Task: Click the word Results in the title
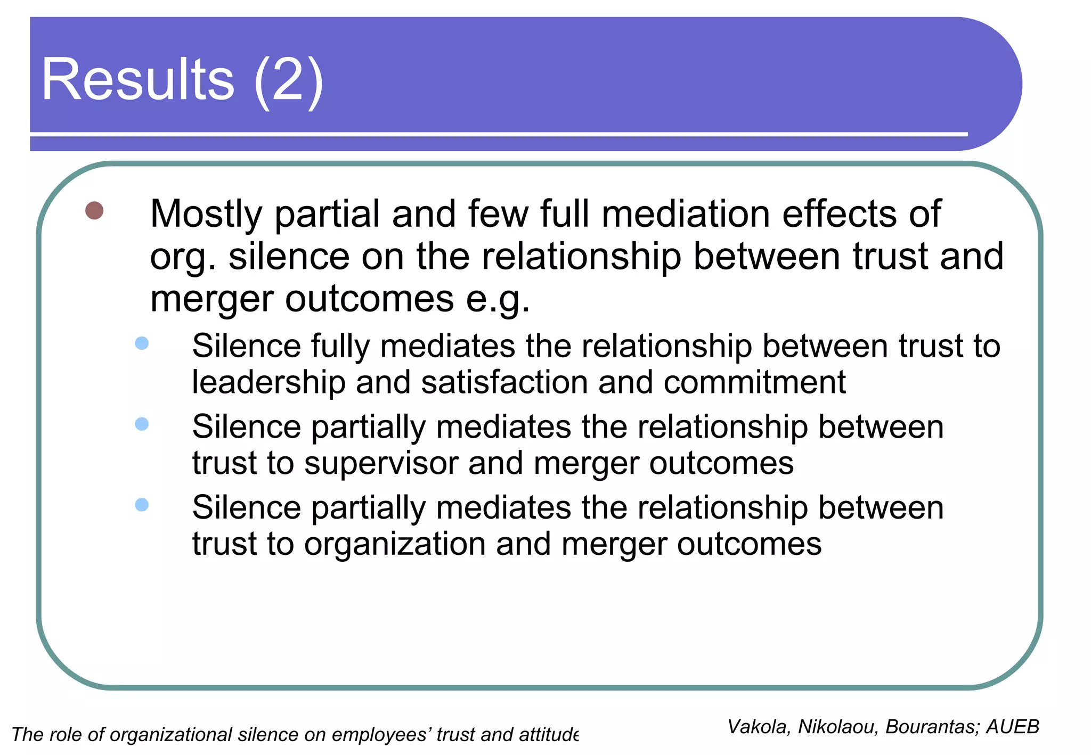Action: pyautogui.click(x=137, y=80)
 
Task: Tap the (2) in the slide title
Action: pyautogui.click(x=288, y=81)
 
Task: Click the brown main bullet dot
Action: pyautogui.click(x=94, y=211)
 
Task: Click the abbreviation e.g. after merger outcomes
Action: pyautogui.click(x=498, y=299)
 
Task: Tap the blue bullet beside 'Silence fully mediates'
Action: pyautogui.click(x=142, y=343)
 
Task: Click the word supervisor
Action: pyautogui.click(x=381, y=463)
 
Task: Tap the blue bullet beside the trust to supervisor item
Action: pyautogui.click(x=142, y=424)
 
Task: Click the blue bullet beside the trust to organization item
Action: pyautogui.click(x=142, y=505)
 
